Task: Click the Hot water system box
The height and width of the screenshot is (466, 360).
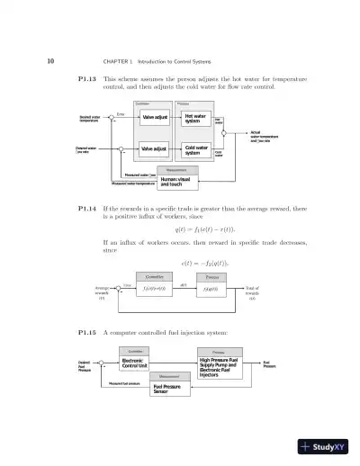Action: [193, 119]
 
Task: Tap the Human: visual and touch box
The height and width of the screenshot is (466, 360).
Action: [175, 181]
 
